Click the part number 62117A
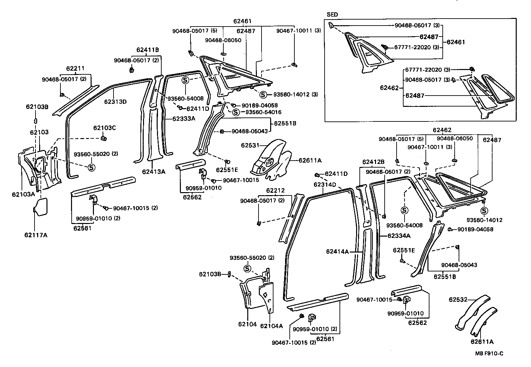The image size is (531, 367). point(36,235)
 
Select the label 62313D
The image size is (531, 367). point(115,102)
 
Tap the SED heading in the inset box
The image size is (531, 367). point(333,15)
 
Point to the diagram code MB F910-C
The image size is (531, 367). point(489,353)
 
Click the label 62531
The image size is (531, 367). point(250,145)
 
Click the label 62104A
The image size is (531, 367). point(271,326)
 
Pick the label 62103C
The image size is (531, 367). point(105,128)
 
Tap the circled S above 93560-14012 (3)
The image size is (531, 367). point(263,95)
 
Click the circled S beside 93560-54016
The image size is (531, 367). point(236,112)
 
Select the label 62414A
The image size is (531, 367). point(337,252)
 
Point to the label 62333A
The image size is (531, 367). point(184,118)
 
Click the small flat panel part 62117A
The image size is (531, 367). point(40,205)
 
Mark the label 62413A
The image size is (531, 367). point(153,172)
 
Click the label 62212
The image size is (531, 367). point(275,190)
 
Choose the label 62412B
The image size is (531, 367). point(373,162)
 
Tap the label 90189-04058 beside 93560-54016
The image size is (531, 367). point(260,106)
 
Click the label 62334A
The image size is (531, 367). point(399,236)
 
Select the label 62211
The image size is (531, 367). point(75,68)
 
